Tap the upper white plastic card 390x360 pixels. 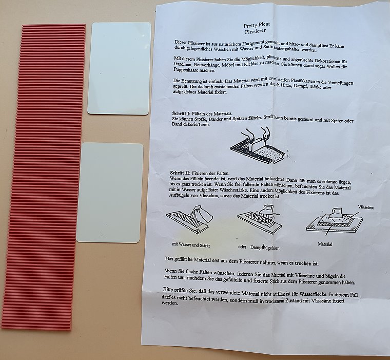[120, 69]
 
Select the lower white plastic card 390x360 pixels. [110, 193]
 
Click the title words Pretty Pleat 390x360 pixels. [257, 25]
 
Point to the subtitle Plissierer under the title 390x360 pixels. [255, 31]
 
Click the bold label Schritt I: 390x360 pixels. [181, 113]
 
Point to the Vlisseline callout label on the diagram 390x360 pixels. [365, 207]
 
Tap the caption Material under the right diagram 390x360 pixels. [325, 244]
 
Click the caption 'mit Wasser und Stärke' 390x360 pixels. [191, 245]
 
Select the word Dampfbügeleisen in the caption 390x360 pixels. [265, 248]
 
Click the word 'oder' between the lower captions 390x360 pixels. [242, 247]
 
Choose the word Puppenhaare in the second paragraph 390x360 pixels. [185, 70]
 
